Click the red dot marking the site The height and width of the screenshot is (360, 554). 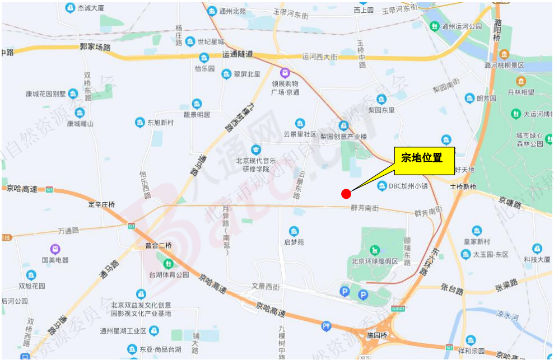[346, 194]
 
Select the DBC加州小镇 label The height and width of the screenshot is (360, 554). [408, 186]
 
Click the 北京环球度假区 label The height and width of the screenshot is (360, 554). [374, 261]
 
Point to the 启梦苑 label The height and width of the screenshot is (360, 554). [294, 242]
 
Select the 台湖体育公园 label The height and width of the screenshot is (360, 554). [168, 274]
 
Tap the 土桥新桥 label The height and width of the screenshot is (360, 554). [463, 186]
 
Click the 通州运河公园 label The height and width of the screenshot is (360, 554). [461, 26]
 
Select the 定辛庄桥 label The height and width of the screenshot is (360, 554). [101, 204]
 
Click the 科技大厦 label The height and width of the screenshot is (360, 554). [537, 259]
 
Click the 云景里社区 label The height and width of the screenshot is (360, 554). [300, 134]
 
